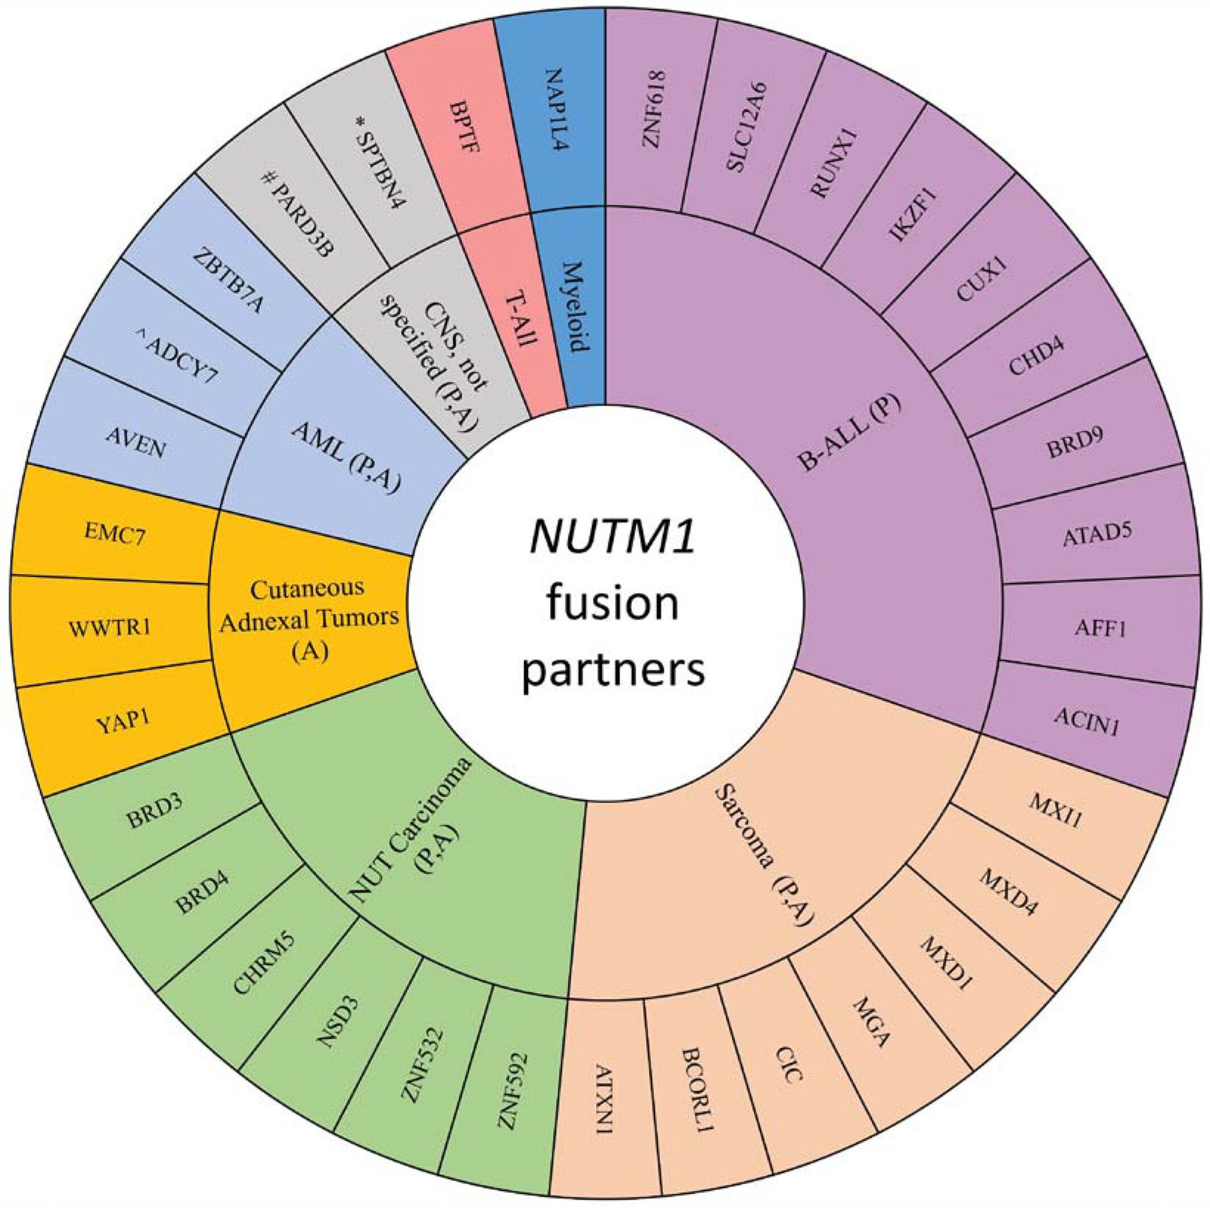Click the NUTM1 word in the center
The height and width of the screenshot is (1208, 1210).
coord(612,536)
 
